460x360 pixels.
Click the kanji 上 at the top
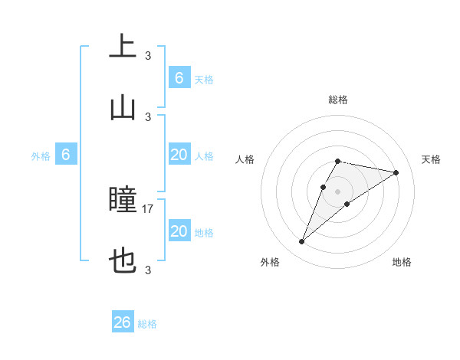[123, 47]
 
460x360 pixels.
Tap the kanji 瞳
[123, 201]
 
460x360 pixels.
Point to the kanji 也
[123, 263]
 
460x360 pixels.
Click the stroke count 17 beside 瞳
[148, 208]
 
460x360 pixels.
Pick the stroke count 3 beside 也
[148, 270]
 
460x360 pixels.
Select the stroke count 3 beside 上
[148, 55]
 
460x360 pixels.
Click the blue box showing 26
[123, 322]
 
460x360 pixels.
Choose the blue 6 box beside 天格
[179, 78]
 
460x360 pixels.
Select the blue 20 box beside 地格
[179, 231]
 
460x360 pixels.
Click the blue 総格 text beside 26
[147, 324]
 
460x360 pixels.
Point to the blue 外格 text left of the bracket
[41, 156]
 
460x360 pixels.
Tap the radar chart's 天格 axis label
[431, 159]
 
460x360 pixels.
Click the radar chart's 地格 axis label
[402, 262]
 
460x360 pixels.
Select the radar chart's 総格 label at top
[337, 100]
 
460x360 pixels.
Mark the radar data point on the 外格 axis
[302, 242]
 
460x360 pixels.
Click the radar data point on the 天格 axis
[396, 172]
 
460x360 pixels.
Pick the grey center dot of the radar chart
[337, 191]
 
